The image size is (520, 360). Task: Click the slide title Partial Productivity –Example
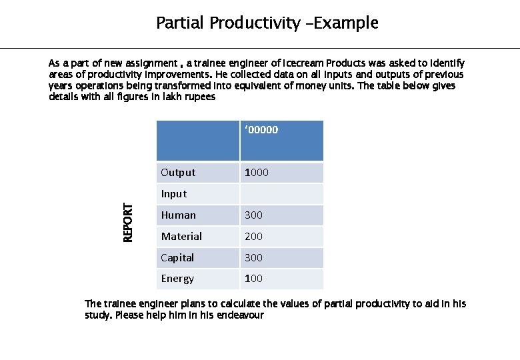(267, 23)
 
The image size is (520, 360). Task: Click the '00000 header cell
(261, 130)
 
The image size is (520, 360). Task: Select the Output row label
(178, 173)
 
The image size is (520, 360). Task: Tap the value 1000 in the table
(257, 173)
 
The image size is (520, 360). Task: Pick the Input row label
(173, 194)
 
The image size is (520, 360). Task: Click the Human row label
(178, 215)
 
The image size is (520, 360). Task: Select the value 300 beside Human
(253, 215)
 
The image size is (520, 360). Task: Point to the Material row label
(181, 237)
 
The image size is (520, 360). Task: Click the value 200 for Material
(253, 237)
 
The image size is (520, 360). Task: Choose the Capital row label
(177, 258)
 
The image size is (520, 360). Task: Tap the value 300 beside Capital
(253, 258)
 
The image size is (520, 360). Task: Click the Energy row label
(177, 279)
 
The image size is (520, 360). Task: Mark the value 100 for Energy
(253, 279)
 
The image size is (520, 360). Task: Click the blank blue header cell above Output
(197, 140)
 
